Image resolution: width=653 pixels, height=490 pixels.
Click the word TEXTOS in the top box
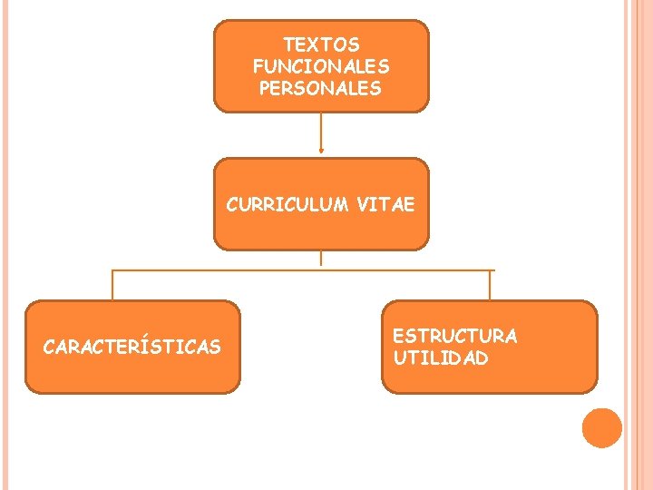[x=321, y=44]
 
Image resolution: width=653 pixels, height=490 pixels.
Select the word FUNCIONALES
[x=321, y=66]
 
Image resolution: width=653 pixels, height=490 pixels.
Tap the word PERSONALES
[x=321, y=89]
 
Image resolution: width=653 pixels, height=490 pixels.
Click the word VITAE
[x=385, y=205]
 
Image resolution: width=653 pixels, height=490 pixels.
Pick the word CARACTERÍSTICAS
[x=132, y=347]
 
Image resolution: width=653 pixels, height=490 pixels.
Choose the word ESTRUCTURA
[x=454, y=336]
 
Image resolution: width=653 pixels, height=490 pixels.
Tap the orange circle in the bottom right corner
[x=601, y=428]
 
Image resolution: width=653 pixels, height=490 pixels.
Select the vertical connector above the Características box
[x=112, y=285]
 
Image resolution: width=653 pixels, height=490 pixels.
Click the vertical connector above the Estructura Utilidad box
[x=490, y=285]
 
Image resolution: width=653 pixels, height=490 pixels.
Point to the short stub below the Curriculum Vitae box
[x=321, y=258]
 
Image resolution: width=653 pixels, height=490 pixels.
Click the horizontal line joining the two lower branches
[x=299, y=269]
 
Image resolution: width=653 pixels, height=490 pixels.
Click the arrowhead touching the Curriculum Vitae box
[x=321, y=153]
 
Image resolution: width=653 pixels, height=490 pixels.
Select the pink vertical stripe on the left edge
[x=5, y=245]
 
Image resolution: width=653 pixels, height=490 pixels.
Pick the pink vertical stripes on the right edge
[x=639, y=245]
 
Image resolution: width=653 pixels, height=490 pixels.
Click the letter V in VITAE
[x=362, y=205]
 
